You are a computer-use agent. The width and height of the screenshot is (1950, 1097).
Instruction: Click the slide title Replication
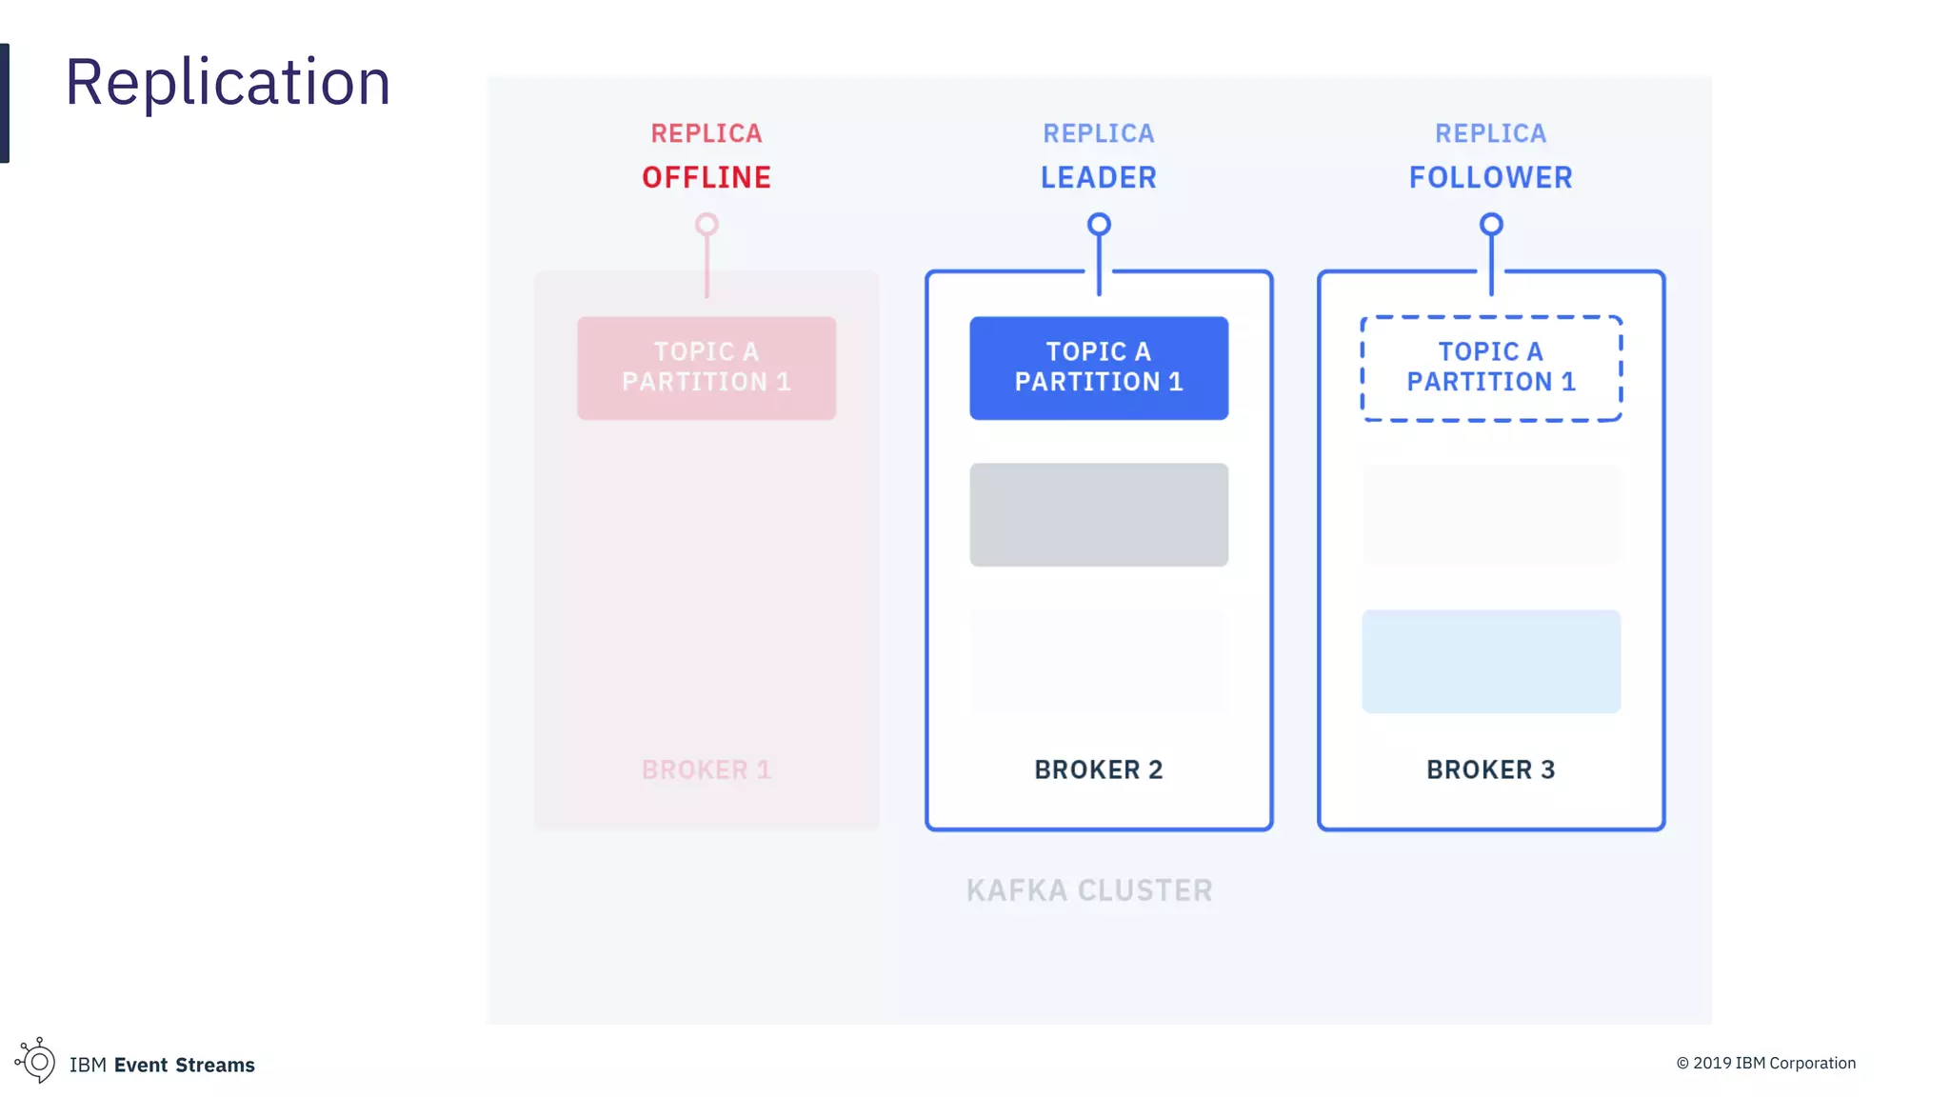(228, 82)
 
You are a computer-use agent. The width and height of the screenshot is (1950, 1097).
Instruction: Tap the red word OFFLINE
(706, 177)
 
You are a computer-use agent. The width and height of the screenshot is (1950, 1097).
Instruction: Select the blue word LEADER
(1099, 177)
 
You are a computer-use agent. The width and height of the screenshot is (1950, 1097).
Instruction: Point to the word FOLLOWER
(1491, 177)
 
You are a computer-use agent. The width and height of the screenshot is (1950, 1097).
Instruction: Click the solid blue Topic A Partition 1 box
(1099, 368)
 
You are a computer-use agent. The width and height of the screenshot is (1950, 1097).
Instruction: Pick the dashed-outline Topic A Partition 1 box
(1491, 368)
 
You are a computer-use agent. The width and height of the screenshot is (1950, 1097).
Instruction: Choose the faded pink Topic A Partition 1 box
(706, 368)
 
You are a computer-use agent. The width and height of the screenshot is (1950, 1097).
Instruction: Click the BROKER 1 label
(706, 769)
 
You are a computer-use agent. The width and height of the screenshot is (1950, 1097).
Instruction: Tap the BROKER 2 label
(1099, 769)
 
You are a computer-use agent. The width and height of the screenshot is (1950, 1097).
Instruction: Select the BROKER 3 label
(1491, 769)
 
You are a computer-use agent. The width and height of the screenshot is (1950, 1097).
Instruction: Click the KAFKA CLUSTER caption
(1089, 890)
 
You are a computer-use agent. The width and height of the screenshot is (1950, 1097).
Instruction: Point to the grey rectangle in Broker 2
(1099, 514)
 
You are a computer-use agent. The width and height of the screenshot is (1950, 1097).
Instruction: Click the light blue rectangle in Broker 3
(1491, 661)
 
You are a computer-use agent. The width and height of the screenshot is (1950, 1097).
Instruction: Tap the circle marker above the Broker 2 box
(1099, 225)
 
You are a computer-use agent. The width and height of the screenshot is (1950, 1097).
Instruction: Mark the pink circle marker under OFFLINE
(706, 225)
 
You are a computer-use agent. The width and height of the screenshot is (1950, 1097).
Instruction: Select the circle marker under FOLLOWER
(1491, 225)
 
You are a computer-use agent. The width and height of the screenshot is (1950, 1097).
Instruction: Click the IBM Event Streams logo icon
(36, 1061)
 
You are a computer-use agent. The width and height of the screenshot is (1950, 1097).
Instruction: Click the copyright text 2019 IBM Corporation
(1766, 1063)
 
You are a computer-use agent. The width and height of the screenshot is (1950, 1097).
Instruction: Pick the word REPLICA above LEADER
(1099, 133)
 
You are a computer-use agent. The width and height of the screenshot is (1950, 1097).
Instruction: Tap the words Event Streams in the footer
(185, 1065)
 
